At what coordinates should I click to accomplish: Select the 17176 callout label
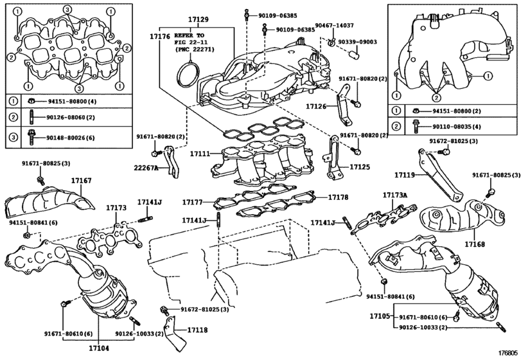pos(161,36)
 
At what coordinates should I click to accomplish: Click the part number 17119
pos(407,174)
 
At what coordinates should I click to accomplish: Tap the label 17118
pos(197,330)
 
